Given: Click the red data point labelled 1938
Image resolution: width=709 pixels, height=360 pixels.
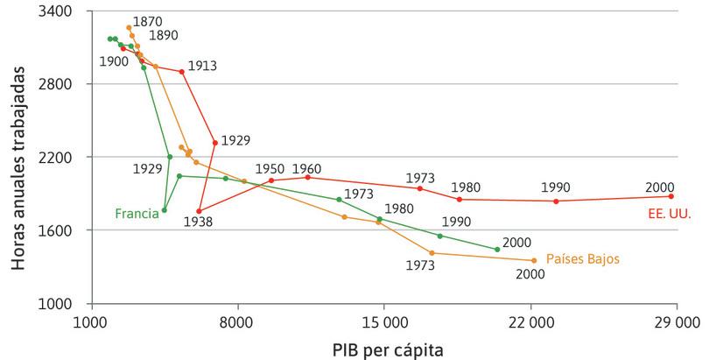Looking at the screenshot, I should (x=200, y=211).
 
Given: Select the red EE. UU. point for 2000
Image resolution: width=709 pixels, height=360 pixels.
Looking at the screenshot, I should (x=671, y=196).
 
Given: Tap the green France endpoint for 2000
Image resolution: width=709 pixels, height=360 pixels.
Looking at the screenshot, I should (x=497, y=250).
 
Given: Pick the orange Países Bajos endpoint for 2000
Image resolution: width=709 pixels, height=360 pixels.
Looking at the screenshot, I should (x=533, y=260).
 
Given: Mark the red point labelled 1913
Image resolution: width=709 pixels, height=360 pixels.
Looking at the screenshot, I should (x=182, y=72).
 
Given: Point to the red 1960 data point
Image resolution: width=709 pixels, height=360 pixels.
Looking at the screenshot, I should (x=307, y=177).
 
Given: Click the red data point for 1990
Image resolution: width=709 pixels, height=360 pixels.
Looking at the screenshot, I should (x=556, y=201).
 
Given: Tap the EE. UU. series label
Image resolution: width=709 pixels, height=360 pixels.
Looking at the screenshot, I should (x=667, y=212).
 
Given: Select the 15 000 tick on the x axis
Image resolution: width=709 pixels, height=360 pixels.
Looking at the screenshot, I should (x=383, y=322).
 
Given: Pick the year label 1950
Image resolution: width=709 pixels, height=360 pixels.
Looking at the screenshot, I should (x=270, y=168).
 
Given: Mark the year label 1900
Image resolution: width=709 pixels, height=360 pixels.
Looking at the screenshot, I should (x=114, y=61).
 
